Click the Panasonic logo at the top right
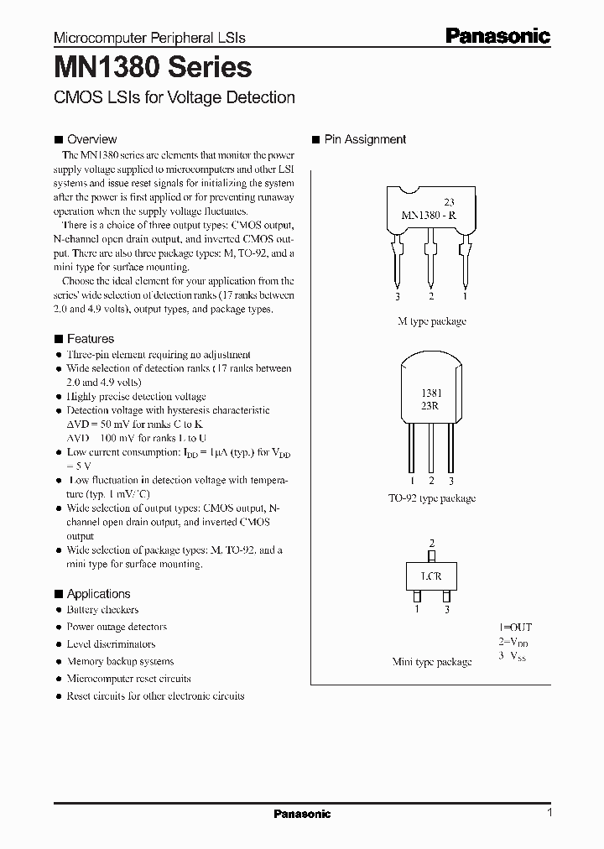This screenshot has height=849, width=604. pyautogui.click(x=497, y=36)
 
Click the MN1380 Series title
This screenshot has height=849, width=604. pyautogui.click(x=153, y=68)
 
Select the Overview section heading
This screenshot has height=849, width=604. pyautogui.click(x=91, y=139)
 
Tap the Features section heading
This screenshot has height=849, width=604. pyautogui.click(x=90, y=339)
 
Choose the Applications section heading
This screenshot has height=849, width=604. pyautogui.click(x=98, y=594)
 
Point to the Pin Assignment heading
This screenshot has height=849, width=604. pyautogui.click(x=365, y=139)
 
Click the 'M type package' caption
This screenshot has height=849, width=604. pyautogui.click(x=431, y=321)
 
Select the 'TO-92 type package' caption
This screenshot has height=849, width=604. pyautogui.click(x=431, y=498)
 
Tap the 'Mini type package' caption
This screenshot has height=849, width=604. pyautogui.click(x=431, y=662)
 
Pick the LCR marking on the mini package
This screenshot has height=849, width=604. pyautogui.click(x=431, y=576)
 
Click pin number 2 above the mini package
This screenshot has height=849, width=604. pyautogui.click(x=431, y=544)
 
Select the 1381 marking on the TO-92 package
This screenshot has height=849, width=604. pyautogui.click(x=431, y=393)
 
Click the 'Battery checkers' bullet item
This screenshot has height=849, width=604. pyautogui.click(x=102, y=610)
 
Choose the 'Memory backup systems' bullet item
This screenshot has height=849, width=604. pyautogui.click(x=120, y=661)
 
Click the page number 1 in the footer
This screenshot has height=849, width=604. pyautogui.click(x=549, y=813)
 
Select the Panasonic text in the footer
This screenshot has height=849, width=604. pyautogui.click(x=302, y=814)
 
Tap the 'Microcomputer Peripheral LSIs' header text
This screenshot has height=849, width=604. pyautogui.click(x=149, y=38)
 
